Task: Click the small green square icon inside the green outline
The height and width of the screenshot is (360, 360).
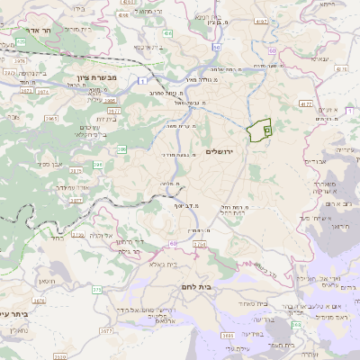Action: tap(267, 130)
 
